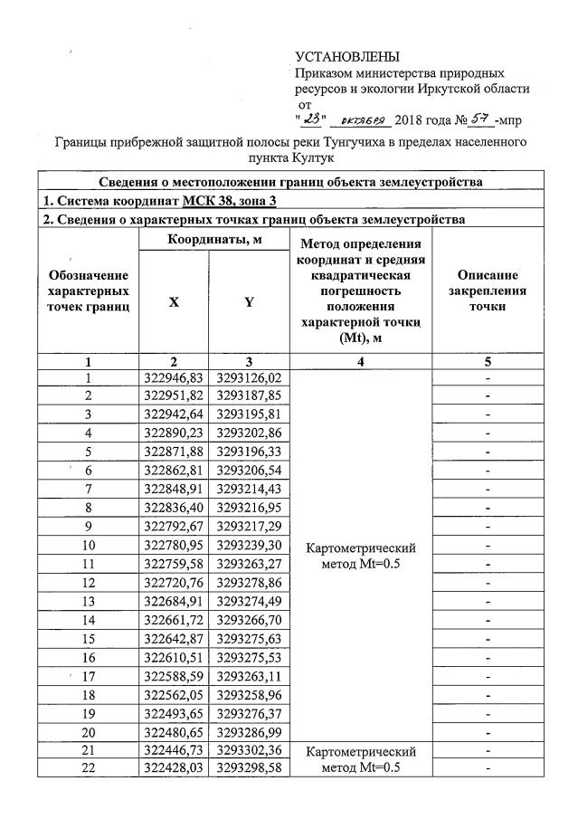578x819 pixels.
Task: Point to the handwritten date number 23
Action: pyautogui.click(x=312, y=118)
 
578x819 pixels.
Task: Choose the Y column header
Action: pyautogui.click(x=248, y=304)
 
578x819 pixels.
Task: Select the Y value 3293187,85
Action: pyautogui.click(x=249, y=396)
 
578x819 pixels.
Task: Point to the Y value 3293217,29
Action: pyautogui.click(x=249, y=527)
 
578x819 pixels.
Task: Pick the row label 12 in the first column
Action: pyautogui.click(x=88, y=583)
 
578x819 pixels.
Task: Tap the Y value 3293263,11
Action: pyautogui.click(x=249, y=676)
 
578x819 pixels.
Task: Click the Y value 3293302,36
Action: pyautogui.click(x=249, y=750)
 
